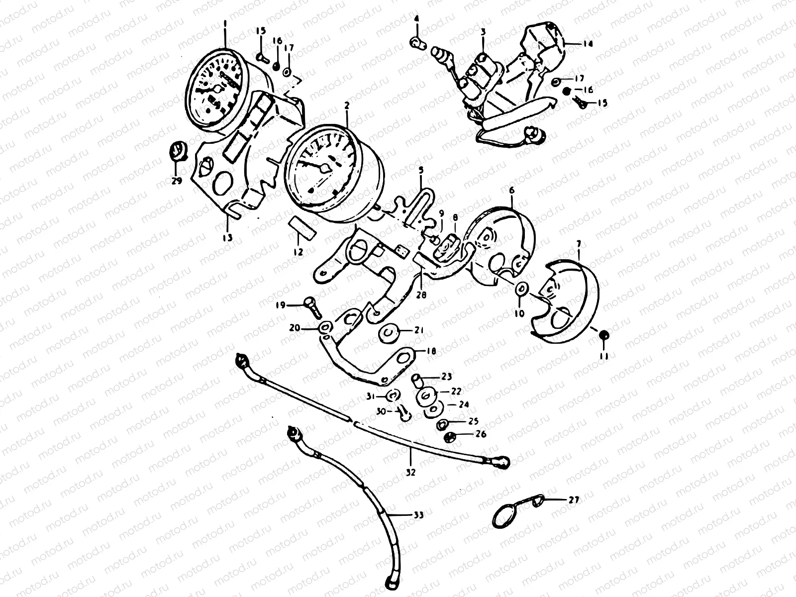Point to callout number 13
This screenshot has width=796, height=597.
click(x=227, y=238)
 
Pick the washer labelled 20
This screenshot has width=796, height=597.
click(x=325, y=327)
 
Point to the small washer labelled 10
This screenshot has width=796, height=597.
click(x=521, y=289)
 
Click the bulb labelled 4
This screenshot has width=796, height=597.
click(x=417, y=43)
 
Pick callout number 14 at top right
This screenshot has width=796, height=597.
click(x=588, y=44)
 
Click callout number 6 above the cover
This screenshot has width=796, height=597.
click(x=510, y=191)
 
